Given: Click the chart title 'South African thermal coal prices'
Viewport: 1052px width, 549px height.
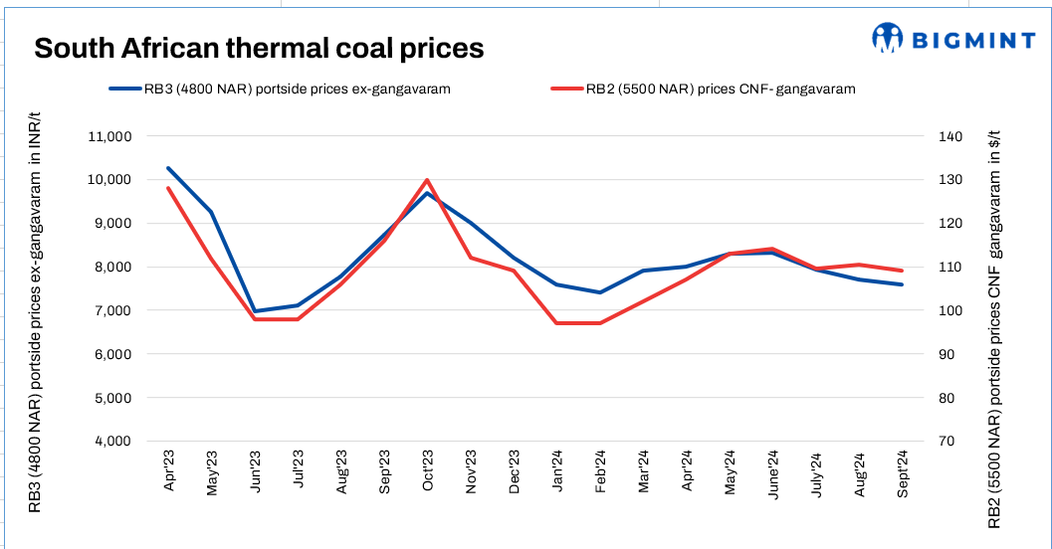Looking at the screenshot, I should point(259,49).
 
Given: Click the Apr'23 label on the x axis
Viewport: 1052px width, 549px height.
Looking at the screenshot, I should point(169,471).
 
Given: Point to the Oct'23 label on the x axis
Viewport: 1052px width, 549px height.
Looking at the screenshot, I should point(426,471).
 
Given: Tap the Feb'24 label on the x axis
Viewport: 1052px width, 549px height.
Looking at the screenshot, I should point(599,471).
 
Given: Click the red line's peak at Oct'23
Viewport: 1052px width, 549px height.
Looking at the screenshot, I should point(427,180).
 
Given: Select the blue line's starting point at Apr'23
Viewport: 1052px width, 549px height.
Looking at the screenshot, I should point(168,168).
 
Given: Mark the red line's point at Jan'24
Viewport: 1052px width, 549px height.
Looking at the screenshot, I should point(557,323).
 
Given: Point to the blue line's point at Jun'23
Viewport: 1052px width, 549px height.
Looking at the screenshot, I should point(255,311).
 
